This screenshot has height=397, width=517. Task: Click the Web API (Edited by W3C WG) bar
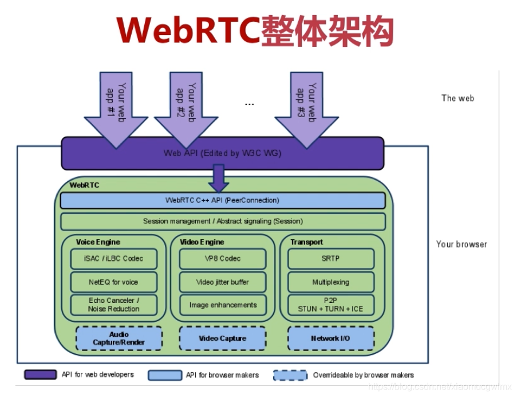[222, 153]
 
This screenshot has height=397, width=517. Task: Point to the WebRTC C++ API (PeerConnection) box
[222, 200]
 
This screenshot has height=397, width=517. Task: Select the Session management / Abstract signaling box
[222, 221]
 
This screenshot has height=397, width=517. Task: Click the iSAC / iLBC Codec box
[113, 258]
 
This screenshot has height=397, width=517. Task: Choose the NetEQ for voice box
[113, 282]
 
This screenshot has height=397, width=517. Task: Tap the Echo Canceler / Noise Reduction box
[113, 305]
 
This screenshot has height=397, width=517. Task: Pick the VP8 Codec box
[223, 258]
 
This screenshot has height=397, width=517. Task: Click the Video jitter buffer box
[223, 282]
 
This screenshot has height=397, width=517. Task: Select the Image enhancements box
[223, 305]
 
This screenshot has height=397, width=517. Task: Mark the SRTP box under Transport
[330, 258]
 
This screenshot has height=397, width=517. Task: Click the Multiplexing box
[330, 282]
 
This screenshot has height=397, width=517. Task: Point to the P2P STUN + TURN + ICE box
[330, 305]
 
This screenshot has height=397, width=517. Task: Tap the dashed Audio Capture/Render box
[119, 338]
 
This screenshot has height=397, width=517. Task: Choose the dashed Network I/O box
[330, 338]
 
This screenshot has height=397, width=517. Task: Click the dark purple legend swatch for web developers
[40, 375]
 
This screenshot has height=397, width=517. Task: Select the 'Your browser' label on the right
[461, 244]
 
